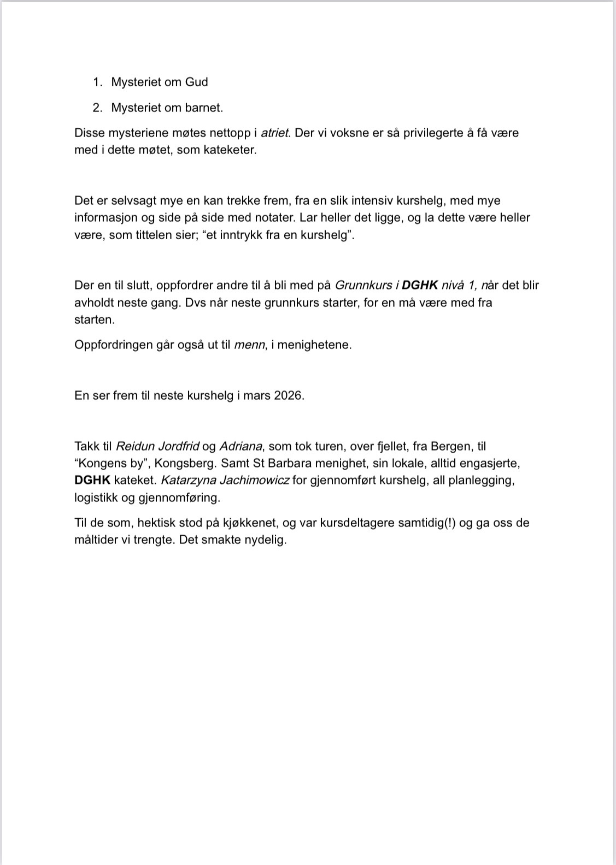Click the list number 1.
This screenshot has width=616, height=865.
click(97, 82)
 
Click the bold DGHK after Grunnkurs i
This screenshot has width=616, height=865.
click(420, 285)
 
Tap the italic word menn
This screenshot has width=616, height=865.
click(250, 345)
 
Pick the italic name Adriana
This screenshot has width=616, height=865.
click(240, 447)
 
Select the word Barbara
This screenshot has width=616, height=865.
click(289, 464)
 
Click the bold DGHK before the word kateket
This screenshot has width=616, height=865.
click(92, 481)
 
